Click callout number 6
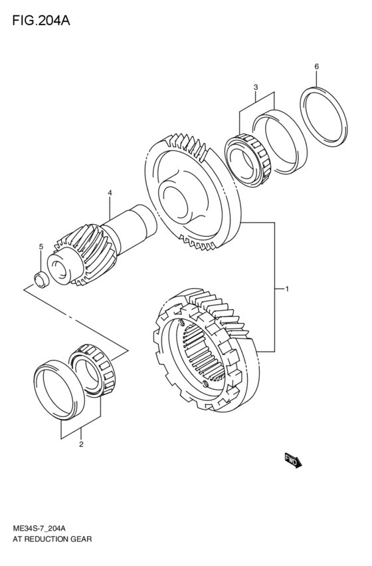click(316, 67)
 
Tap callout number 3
click(254, 87)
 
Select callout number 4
click(110, 193)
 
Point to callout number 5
click(41, 247)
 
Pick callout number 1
click(286, 289)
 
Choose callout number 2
click(81, 444)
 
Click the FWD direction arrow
click(293, 461)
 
